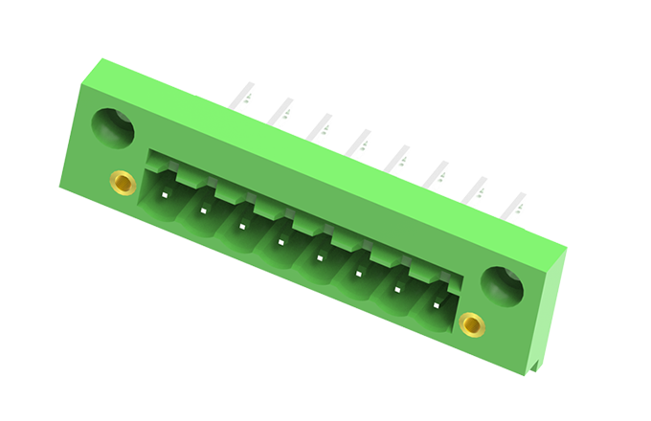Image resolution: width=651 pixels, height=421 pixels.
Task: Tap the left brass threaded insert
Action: pyautogui.click(x=121, y=181)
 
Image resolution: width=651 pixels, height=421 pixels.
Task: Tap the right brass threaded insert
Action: pyautogui.click(x=471, y=325)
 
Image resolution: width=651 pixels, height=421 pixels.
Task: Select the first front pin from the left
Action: pyautogui.click(x=166, y=195)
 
